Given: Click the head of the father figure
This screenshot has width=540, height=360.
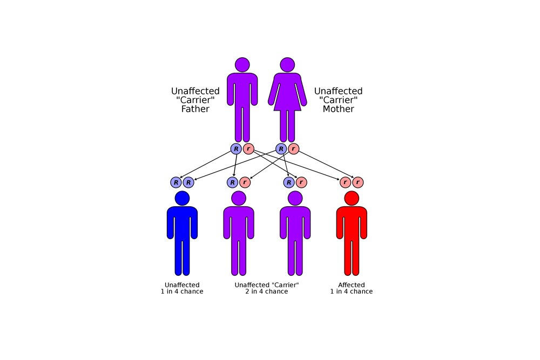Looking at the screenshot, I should click(242, 65).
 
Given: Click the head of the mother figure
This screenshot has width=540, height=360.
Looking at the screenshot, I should click(287, 65).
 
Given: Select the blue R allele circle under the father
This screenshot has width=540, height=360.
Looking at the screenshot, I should click(236, 149).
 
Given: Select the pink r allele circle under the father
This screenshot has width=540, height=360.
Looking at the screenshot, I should click(248, 149).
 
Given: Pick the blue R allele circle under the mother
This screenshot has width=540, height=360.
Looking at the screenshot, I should click(281, 149).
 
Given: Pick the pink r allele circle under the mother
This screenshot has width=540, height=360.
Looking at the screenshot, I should click(293, 149).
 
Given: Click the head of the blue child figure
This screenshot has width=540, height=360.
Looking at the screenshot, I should click(182, 198).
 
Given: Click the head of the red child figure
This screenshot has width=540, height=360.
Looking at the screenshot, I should click(352, 198).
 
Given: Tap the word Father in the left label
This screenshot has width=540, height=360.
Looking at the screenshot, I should click(195, 109).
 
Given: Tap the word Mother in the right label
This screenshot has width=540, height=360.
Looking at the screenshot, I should click(338, 109).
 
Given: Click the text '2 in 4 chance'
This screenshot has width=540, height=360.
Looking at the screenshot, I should click(266, 291).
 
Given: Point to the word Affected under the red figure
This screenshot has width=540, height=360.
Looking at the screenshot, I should click(351, 285).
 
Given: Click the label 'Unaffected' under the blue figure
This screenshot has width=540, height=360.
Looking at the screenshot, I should click(182, 285).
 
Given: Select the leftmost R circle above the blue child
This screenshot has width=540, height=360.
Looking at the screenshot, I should click(176, 182).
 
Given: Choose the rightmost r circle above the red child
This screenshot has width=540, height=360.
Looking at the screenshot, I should click(357, 182).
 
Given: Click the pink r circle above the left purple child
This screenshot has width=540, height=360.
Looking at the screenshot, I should click(245, 182).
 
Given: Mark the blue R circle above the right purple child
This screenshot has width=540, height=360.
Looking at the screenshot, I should click(289, 182).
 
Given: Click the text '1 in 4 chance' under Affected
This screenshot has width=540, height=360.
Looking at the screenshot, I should click(351, 291).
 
